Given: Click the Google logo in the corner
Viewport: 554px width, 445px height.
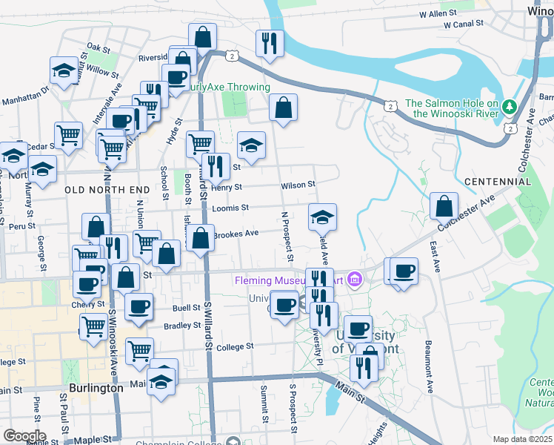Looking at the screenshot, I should pyautogui.click(x=24, y=436).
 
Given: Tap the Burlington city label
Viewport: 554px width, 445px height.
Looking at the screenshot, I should pyautogui.click(x=95, y=388).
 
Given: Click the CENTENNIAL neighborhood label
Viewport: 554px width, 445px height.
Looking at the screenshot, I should pyautogui.click(x=498, y=182).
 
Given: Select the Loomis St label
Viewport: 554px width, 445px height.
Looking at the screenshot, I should pyautogui.click(x=230, y=208).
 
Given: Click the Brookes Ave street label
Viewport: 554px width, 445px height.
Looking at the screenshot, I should pyautogui.click(x=236, y=234).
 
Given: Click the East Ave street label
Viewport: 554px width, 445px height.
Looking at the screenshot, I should pyautogui.click(x=434, y=252).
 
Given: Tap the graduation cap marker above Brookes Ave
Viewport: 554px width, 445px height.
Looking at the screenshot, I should pyautogui.click(x=322, y=217).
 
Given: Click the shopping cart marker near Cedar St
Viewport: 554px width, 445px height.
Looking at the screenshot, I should pyautogui.click(x=68, y=135).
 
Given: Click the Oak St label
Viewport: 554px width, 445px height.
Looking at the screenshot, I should pyautogui.click(x=98, y=47).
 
